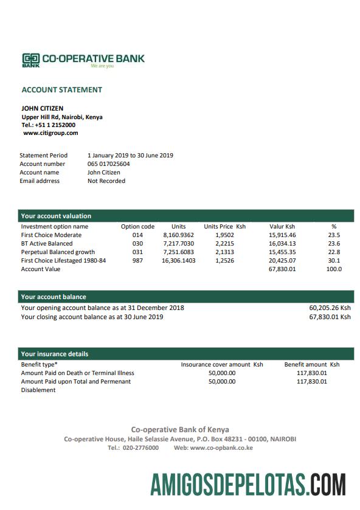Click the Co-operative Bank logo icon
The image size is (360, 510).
(31, 60)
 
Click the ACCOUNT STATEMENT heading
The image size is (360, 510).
(62, 90)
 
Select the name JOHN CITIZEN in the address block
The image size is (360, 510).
(43, 109)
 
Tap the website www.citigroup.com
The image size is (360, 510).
(50, 133)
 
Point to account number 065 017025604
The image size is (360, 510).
(109, 164)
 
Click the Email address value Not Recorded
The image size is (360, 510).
(106, 181)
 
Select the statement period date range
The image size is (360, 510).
(130, 155)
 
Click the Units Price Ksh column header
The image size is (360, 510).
(224, 226)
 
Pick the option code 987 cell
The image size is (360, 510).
(137, 260)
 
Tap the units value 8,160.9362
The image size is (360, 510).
(179, 235)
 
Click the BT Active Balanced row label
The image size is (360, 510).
(47, 243)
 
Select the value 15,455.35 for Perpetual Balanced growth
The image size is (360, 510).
(282, 252)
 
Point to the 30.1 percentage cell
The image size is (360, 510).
(334, 260)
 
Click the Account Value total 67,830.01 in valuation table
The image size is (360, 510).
(282, 269)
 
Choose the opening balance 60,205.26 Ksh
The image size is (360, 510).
(330, 308)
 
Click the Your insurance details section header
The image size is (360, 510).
(55, 354)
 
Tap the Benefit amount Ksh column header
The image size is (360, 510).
(312, 364)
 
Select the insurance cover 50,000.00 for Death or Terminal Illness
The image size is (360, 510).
(221, 373)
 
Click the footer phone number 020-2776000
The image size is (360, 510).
(141, 447)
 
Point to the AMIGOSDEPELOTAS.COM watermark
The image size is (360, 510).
(249, 486)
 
